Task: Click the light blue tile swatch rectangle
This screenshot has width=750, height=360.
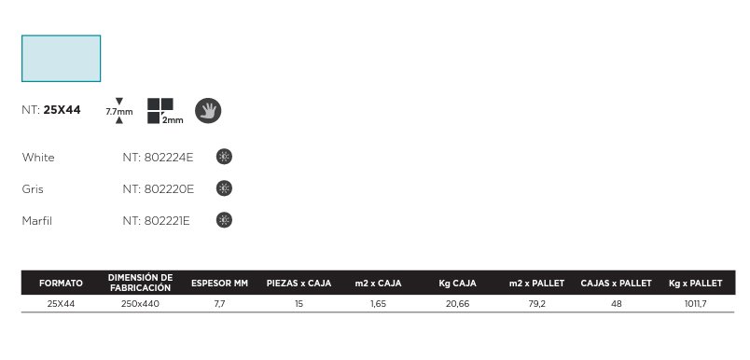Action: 62,59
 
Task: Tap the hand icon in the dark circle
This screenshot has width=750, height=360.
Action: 208,111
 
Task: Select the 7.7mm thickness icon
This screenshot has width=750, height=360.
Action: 119,111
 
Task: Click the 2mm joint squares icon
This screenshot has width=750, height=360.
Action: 165,111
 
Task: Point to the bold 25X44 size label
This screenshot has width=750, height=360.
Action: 62,110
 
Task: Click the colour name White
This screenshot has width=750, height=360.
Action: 38,158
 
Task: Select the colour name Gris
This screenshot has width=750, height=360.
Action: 33,189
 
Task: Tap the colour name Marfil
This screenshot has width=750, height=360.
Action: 37,221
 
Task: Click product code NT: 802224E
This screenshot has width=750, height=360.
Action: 158,158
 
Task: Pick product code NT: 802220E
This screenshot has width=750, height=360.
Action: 159,189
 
